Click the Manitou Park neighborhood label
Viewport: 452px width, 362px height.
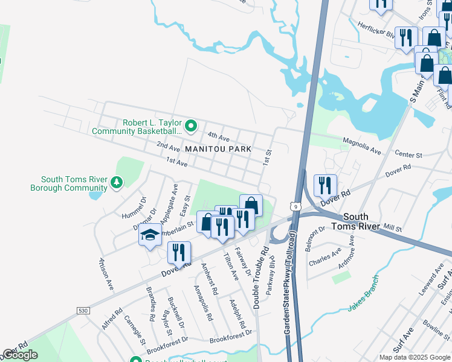click(x=218, y=148)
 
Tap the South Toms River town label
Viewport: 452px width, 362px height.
click(x=361, y=221)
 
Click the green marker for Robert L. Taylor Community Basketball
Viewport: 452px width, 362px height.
click(x=191, y=126)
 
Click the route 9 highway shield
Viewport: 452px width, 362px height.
click(x=295, y=206)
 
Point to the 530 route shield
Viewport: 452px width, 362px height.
click(x=83, y=310)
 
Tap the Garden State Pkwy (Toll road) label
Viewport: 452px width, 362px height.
click(x=289, y=284)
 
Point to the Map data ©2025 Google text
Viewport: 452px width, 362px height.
click(x=415, y=357)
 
